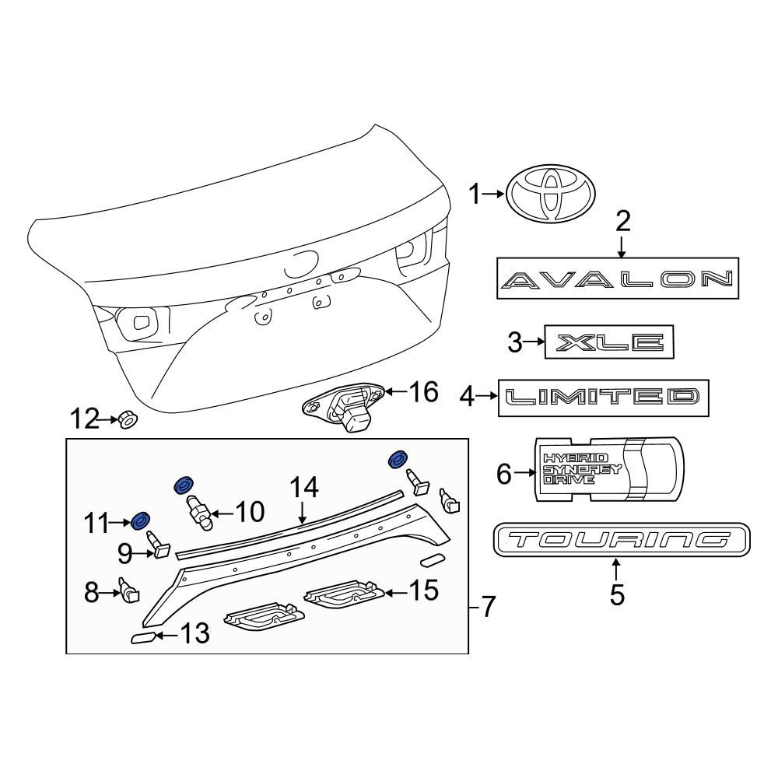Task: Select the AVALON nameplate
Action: coord(618,279)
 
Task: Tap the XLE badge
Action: coord(609,342)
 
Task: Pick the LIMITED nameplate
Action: coord(604,398)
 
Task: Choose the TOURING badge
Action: coord(622,539)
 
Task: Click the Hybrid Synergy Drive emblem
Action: coord(609,469)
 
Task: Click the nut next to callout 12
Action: coord(128,421)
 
